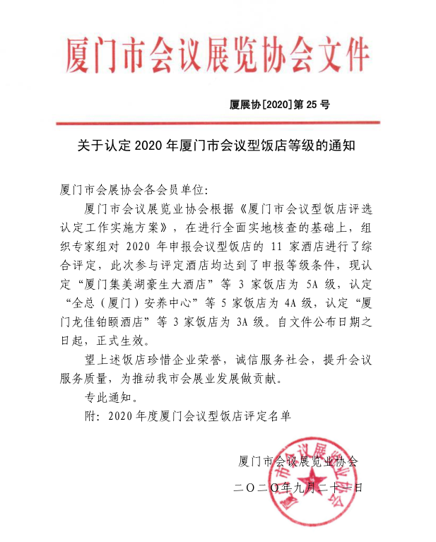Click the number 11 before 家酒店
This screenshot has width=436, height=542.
(x=278, y=247)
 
